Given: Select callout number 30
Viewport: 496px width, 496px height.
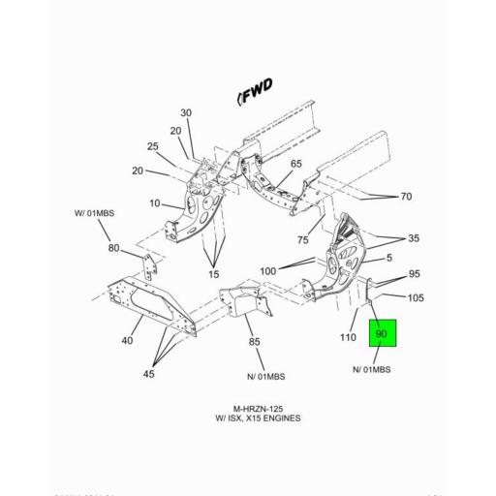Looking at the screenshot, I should [x=185, y=113].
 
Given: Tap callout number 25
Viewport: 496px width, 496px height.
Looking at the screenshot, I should [x=152, y=146].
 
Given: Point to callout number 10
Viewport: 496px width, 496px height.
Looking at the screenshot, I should [x=153, y=203].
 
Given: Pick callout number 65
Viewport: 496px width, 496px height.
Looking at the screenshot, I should [x=296, y=164].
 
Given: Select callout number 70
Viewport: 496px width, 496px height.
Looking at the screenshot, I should [x=406, y=197].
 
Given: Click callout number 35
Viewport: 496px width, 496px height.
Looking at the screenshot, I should [x=414, y=237].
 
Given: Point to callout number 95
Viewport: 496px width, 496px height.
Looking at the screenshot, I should [x=414, y=274].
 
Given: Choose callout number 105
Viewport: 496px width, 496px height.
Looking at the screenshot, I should [x=416, y=297].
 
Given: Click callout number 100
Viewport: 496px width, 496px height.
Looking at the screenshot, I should [x=268, y=270].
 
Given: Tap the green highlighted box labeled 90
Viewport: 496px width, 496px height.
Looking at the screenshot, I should [x=381, y=334].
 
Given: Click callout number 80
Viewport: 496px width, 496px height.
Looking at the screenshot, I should [x=114, y=248].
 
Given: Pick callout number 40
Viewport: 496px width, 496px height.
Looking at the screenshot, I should [x=127, y=340].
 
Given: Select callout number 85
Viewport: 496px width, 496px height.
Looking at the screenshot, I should [x=254, y=340].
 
